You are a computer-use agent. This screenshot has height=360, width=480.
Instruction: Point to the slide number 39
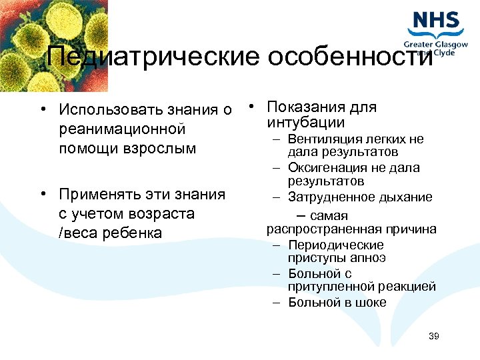(x=434, y=336)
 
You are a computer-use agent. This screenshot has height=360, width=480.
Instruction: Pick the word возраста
(x=163, y=214)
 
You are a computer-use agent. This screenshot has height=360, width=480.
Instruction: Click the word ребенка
(x=128, y=233)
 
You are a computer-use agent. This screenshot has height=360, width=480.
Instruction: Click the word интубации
(x=305, y=123)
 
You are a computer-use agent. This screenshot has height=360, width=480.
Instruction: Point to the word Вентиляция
(x=325, y=139)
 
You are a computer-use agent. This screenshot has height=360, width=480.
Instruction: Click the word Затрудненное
(x=329, y=197)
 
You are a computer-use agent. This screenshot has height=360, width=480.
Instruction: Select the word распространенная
(x=315, y=229)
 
